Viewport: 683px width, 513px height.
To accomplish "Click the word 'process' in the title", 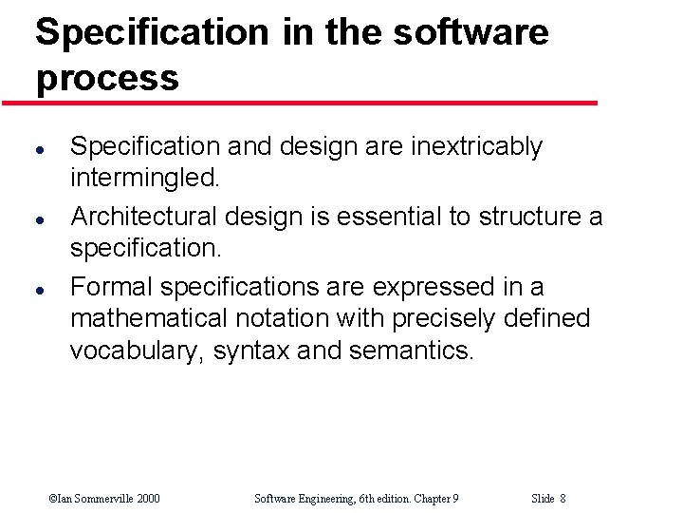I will (107, 78).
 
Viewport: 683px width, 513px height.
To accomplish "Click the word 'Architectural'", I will (139, 217).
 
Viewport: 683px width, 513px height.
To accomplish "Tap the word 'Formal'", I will (111, 287).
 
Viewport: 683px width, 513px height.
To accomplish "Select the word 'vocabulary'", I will (136, 351).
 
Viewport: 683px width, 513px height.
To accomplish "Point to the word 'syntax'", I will (251, 351).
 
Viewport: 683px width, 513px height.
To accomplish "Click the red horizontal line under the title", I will (299, 103).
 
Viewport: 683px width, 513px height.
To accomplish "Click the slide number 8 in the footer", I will (563, 498).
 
